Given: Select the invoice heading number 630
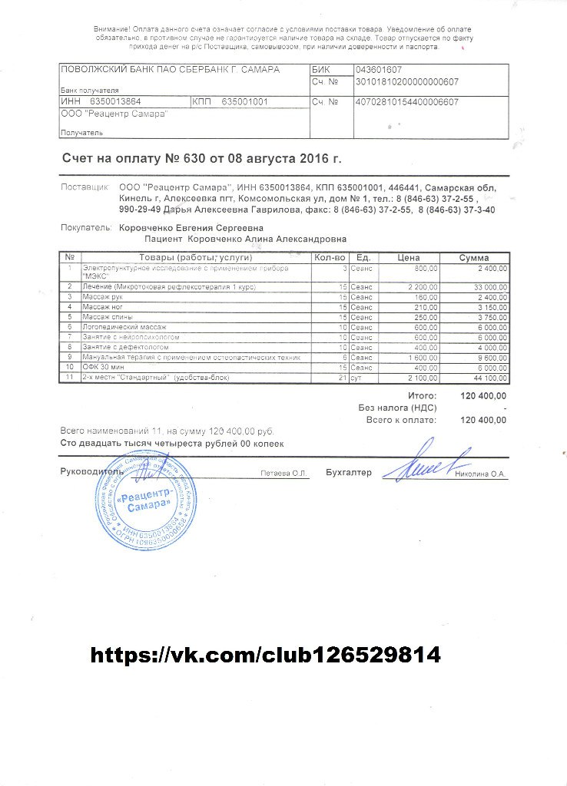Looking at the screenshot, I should [x=194, y=159].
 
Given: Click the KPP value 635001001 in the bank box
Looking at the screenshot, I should [x=244, y=101].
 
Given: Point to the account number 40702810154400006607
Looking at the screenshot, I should [x=406, y=101].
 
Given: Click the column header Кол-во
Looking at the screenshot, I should [x=330, y=257].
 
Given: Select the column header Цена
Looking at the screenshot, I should [x=408, y=257].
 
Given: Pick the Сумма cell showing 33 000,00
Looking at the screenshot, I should [x=488, y=286].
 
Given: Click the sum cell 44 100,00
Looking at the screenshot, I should [x=488, y=378].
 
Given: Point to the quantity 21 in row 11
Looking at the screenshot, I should [x=342, y=378].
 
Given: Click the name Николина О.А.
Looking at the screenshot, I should [x=480, y=474].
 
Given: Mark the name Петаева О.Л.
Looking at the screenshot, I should [x=283, y=474].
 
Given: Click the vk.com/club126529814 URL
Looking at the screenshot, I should [x=266, y=655].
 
